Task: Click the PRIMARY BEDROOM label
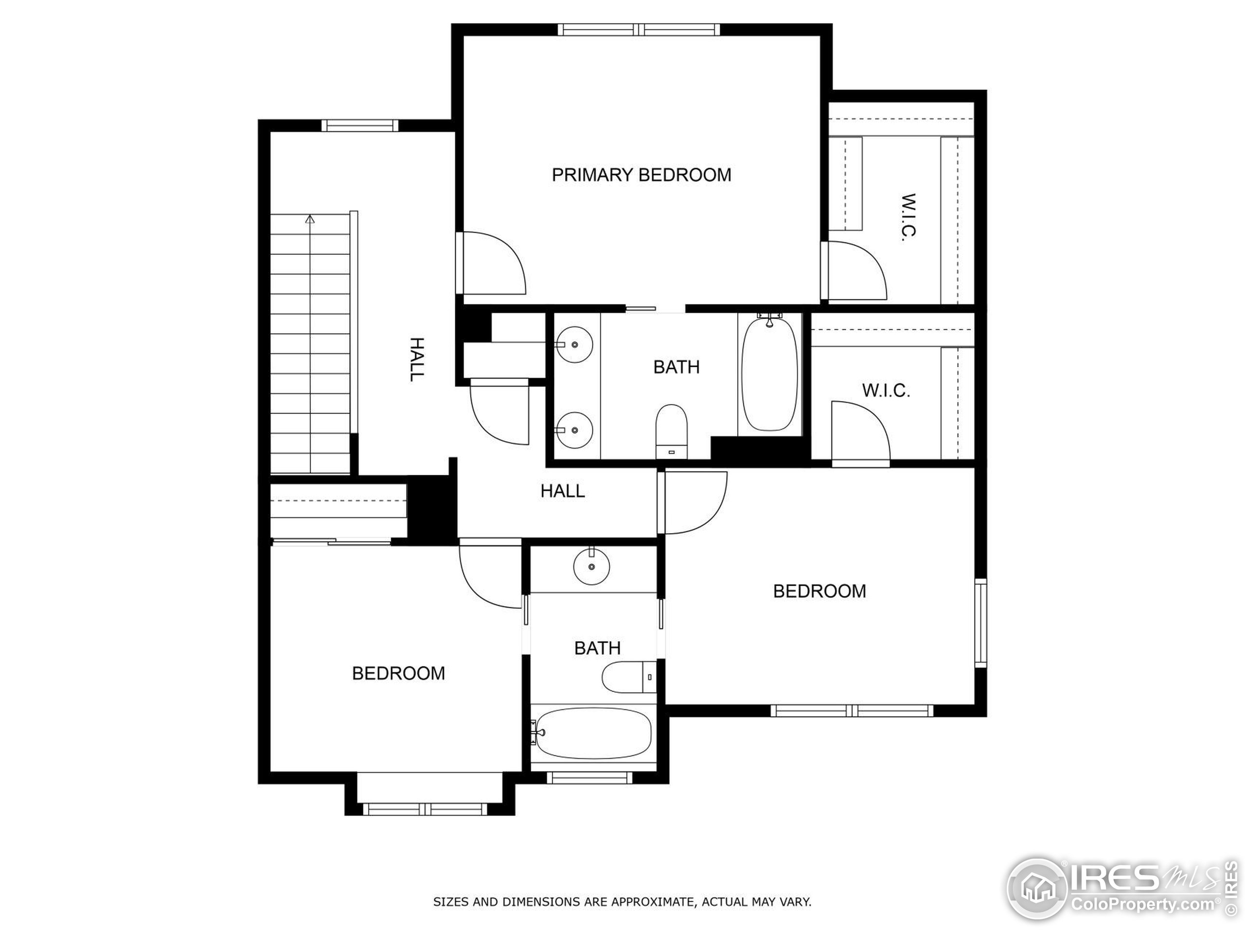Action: [641, 175]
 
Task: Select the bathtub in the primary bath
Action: [769, 375]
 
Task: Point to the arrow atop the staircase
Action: [310, 219]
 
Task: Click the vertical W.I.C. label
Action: [908, 218]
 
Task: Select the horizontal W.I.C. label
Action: [886, 391]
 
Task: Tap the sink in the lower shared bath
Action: [591, 567]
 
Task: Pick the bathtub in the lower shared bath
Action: [593, 733]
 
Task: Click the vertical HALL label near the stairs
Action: [416, 360]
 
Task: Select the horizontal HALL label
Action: [562, 491]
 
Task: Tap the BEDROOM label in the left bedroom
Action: [398, 673]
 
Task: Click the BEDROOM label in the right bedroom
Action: [819, 591]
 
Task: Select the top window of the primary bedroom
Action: [639, 29]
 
